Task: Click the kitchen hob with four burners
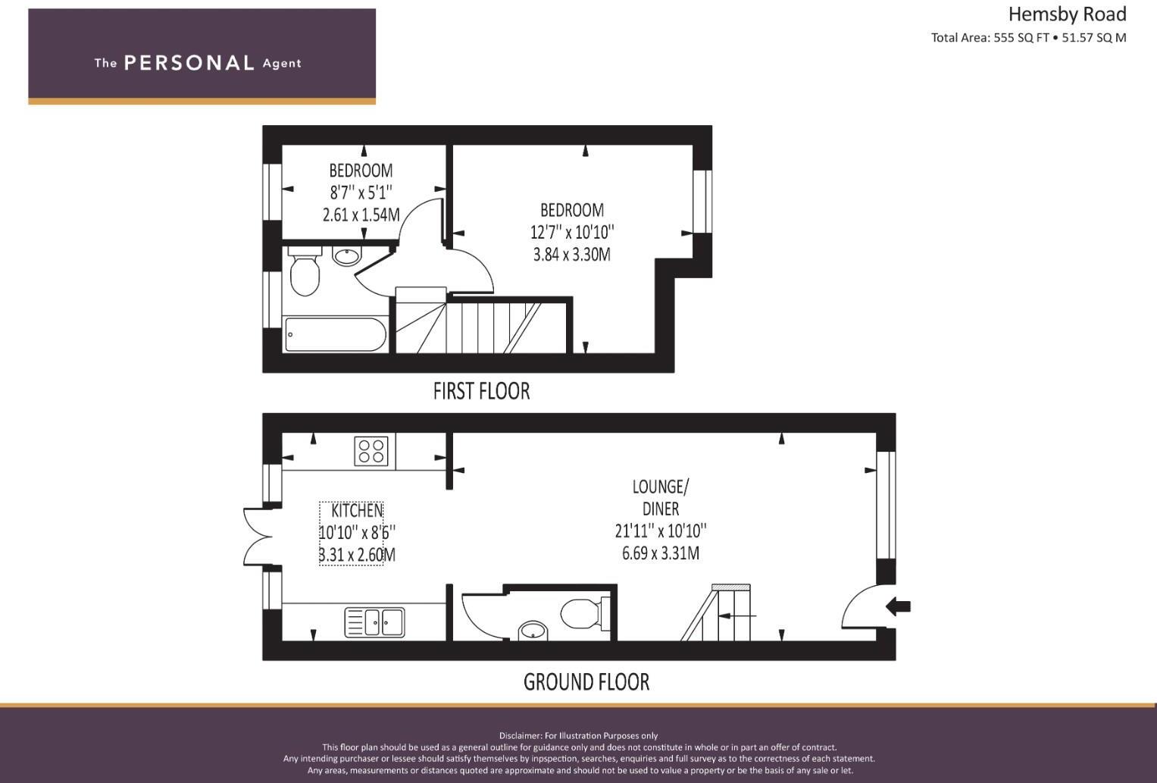tap(371, 451)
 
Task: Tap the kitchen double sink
tap(375, 622)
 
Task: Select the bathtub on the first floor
tap(335, 334)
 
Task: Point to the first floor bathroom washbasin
tap(347, 256)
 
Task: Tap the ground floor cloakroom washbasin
tap(533, 631)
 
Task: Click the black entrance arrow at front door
tap(899, 606)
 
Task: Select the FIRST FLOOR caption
tap(481, 391)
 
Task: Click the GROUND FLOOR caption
tap(586, 682)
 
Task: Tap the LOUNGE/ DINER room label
tap(661, 497)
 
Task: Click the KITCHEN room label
tap(357, 511)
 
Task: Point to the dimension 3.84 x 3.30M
tap(572, 255)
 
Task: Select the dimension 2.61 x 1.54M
tap(361, 215)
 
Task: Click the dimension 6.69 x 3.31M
tap(661, 553)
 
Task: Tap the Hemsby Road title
tap(1067, 14)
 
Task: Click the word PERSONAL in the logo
tap(189, 63)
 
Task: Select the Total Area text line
tap(1028, 38)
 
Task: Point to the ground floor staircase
tap(720, 614)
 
